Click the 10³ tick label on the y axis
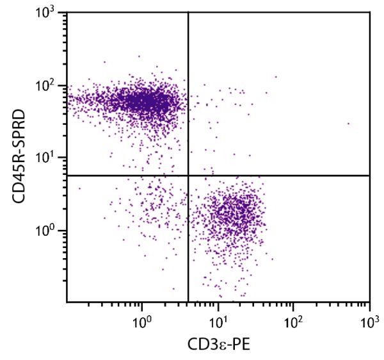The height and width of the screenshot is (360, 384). coord(51,14)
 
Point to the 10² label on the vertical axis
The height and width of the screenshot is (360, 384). coord(51,85)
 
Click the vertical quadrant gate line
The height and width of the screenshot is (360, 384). coord(188,96)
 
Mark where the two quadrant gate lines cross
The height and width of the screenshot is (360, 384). coord(188,175)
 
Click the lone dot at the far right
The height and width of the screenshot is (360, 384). coord(349,124)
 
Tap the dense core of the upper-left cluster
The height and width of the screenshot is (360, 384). coord(144,101)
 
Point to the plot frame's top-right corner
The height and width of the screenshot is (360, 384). coord(370,12)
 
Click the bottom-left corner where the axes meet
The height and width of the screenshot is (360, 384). coord(67,302)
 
